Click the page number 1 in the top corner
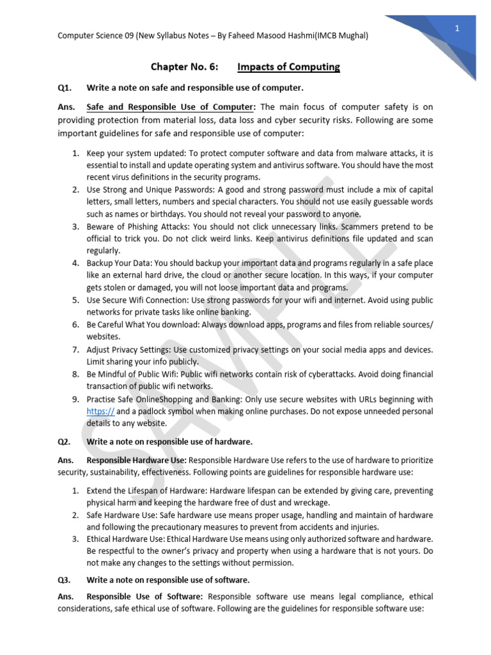coord(458,29)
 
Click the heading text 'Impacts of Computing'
coord(288,67)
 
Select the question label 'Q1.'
coord(65,87)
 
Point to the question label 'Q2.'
coord(65,441)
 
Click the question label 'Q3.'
coord(65,580)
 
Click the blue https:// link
coord(100,411)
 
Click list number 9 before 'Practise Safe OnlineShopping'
coord(75,399)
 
